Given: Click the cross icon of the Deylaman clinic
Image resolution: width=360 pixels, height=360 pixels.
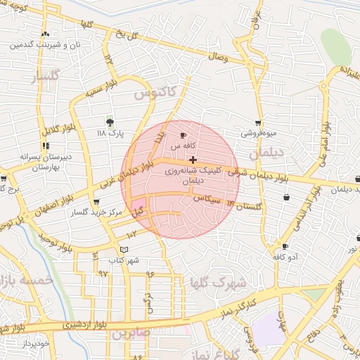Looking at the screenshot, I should (193, 160).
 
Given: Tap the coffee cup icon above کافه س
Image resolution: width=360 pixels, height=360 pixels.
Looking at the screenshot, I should (184, 136).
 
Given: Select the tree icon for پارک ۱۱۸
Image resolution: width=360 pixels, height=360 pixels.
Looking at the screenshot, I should (109, 122).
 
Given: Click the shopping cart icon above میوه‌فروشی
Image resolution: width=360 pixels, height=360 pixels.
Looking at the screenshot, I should (259, 123).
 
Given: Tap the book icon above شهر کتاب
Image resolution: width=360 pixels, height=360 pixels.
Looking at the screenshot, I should (124, 250).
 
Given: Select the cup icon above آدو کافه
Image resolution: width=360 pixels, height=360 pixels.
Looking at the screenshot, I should (285, 247).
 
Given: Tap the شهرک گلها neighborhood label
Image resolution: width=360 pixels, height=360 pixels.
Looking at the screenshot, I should (217, 283).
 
